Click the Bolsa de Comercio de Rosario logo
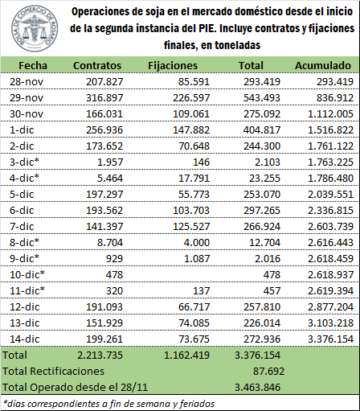pyautogui.click(x=35, y=28)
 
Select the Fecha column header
pyautogui.click(x=33, y=65)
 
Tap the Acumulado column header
pyautogui.click(x=323, y=65)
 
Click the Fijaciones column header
pyautogui.click(x=173, y=66)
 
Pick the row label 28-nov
pyautogui.click(x=27, y=81)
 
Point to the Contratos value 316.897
pyautogui.click(x=104, y=97)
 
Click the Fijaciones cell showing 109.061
pyautogui.click(x=191, y=113)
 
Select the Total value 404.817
pyautogui.click(x=262, y=129)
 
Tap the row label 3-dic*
pyautogui.click(x=24, y=162)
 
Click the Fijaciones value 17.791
pyautogui.click(x=194, y=178)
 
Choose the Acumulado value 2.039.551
pyautogui.click(x=330, y=194)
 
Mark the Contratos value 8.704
pyautogui.click(x=110, y=242)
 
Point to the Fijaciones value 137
pyautogui.click(x=201, y=290)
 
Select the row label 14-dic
pyautogui.click(x=25, y=339)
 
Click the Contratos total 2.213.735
pyautogui.click(x=100, y=355)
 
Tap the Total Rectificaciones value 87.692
pyautogui.click(x=268, y=371)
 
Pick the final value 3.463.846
pyautogui.click(x=258, y=387)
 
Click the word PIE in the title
pyautogui.click(x=205, y=28)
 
